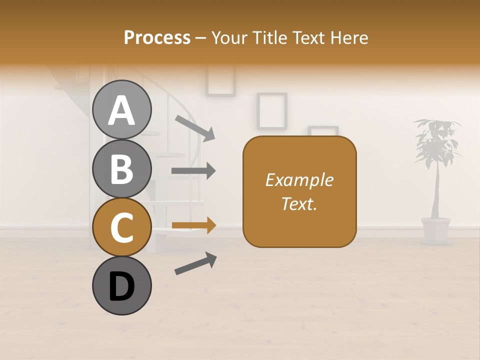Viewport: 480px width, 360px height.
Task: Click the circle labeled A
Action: pyautogui.click(x=121, y=109)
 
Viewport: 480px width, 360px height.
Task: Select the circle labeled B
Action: pyautogui.click(x=121, y=168)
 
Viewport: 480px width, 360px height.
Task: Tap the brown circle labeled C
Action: pyautogui.click(x=121, y=227)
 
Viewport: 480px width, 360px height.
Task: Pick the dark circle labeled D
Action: pyautogui.click(x=121, y=286)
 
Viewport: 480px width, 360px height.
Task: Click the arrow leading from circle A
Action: pyautogui.click(x=195, y=127)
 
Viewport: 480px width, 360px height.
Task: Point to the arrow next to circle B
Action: pyautogui.click(x=193, y=171)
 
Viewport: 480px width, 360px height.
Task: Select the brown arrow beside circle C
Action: pyautogui.click(x=193, y=226)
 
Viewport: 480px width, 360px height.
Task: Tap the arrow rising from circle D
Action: pyautogui.click(x=195, y=263)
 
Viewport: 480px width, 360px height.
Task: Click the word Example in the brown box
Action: pyautogui.click(x=299, y=180)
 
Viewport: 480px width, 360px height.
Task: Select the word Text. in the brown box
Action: pyautogui.click(x=299, y=203)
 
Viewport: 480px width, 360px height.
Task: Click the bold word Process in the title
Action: pyautogui.click(x=157, y=37)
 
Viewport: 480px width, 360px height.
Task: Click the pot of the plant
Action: pyautogui.click(x=435, y=230)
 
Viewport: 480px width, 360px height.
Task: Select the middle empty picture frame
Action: pyautogui.click(x=271, y=111)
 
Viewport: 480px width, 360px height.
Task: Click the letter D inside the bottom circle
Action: pyautogui.click(x=121, y=287)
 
